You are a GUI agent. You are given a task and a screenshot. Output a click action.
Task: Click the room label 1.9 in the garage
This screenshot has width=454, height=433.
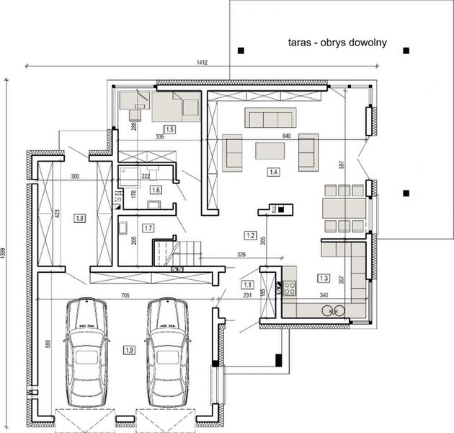tap(129, 351)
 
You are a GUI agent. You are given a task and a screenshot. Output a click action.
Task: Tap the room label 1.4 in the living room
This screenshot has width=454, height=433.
tap(273, 172)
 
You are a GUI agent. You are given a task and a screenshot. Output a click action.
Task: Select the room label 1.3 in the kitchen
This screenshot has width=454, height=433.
tap(323, 276)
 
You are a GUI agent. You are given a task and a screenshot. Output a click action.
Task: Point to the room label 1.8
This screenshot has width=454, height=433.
tap(79, 217)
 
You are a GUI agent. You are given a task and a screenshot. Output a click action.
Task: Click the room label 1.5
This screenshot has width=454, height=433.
tap(169, 128)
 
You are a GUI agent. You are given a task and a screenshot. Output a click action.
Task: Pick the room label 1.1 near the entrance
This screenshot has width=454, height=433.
tap(247, 284)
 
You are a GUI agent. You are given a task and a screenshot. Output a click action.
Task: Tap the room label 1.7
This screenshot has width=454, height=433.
tap(148, 228)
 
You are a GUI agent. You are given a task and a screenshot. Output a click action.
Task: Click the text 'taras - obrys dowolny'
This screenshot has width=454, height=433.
tap(337, 43)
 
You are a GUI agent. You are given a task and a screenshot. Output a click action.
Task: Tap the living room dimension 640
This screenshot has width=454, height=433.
tap(285, 136)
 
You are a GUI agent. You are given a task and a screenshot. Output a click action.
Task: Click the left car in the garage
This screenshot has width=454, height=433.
tap(86, 354)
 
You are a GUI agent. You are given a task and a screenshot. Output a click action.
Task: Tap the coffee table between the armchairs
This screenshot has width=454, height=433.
tap(269, 149)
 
